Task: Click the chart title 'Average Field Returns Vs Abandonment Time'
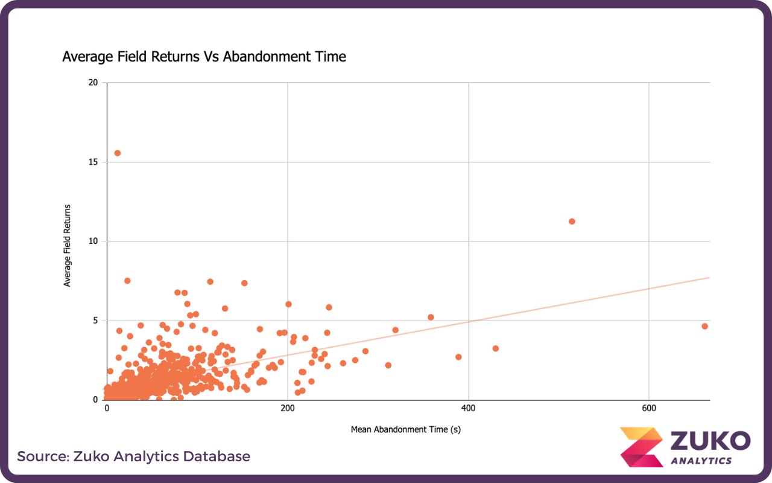(x=204, y=57)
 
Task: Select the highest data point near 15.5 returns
(x=118, y=153)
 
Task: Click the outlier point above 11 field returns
(x=572, y=222)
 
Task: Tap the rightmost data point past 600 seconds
(x=704, y=326)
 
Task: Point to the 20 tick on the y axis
(x=93, y=83)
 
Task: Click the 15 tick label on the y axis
(x=93, y=162)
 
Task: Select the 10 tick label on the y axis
(x=93, y=241)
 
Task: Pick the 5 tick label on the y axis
(x=95, y=321)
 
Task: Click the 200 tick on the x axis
(x=288, y=408)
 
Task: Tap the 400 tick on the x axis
(x=469, y=408)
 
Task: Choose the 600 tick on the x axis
(x=649, y=408)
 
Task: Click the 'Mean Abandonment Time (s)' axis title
(x=406, y=430)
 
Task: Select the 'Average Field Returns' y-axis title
(x=68, y=245)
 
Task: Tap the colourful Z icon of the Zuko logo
(x=642, y=447)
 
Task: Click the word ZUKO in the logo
(x=710, y=440)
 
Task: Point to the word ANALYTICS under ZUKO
(x=701, y=461)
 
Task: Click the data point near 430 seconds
(x=495, y=348)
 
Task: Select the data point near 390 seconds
(x=458, y=357)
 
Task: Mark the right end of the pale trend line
(x=709, y=278)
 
